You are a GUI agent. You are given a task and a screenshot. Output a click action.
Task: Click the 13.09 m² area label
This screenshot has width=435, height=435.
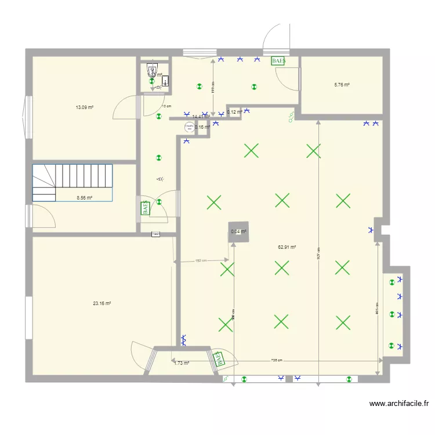pyautogui.click(x=85, y=107)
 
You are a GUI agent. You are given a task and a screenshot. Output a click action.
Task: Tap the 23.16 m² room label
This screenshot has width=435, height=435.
pyautogui.click(x=101, y=303)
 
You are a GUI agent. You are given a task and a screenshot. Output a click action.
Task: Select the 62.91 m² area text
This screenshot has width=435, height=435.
pyautogui.click(x=287, y=247)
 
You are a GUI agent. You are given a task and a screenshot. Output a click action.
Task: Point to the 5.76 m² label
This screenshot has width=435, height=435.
pyautogui.click(x=342, y=85)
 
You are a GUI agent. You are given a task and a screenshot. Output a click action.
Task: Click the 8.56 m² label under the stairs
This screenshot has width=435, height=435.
pyautogui.click(x=85, y=197)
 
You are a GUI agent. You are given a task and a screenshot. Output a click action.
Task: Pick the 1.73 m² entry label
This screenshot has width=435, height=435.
pyautogui.click(x=182, y=363)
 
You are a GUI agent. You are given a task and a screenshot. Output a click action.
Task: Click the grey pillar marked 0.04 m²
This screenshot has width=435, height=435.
pyautogui.click(x=238, y=232)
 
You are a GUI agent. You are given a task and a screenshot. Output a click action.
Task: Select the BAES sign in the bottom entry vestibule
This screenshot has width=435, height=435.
pyautogui.click(x=219, y=359)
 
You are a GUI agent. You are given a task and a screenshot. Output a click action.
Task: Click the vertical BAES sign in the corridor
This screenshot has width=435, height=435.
pyautogui.click(x=144, y=208)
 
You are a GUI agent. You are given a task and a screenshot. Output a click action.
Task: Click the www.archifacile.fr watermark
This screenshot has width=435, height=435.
pyautogui.click(x=398, y=404)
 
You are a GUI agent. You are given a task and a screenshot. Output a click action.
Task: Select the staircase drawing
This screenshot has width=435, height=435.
pyautogui.click(x=72, y=182)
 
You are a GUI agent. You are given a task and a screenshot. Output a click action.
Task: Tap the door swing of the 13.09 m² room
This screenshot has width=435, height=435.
pyautogui.click(x=125, y=108)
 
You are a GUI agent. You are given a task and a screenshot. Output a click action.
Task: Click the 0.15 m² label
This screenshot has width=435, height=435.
pyautogui.click(x=202, y=127)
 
